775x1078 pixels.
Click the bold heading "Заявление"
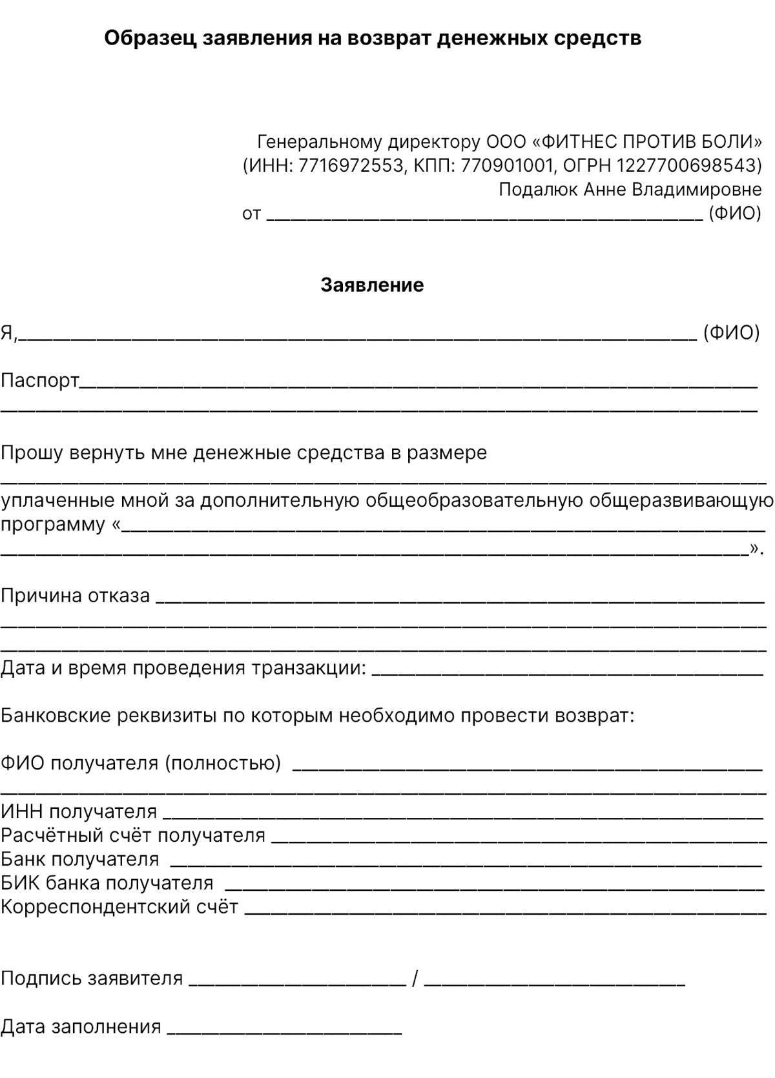[372, 285]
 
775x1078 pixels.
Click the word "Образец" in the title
[150, 38]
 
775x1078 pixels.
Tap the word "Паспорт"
[39, 381]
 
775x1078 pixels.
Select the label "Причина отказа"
[75, 595]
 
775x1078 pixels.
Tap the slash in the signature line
[415, 979]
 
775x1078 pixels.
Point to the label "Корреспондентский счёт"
[119, 907]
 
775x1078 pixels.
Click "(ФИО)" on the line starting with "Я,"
[731, 333]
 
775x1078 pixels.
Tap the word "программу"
[52, 524]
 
